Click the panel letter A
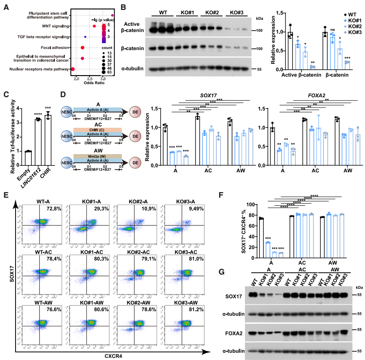pyautogui.click(x=6, y=7)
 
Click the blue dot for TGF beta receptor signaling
pyautogui.click(x=86, y=37)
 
